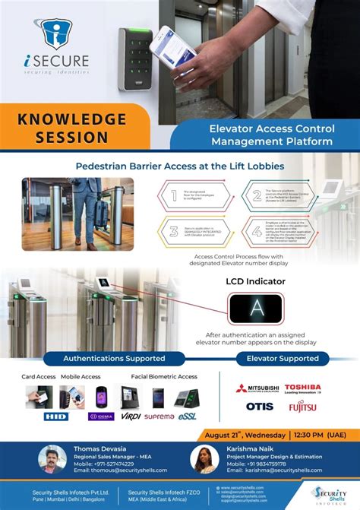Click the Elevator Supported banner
point(276,357)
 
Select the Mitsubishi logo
point(256,389)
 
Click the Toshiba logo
point(302,389)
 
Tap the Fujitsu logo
point(302,406)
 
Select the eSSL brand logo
point(186,415)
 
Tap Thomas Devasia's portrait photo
point(52,459)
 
